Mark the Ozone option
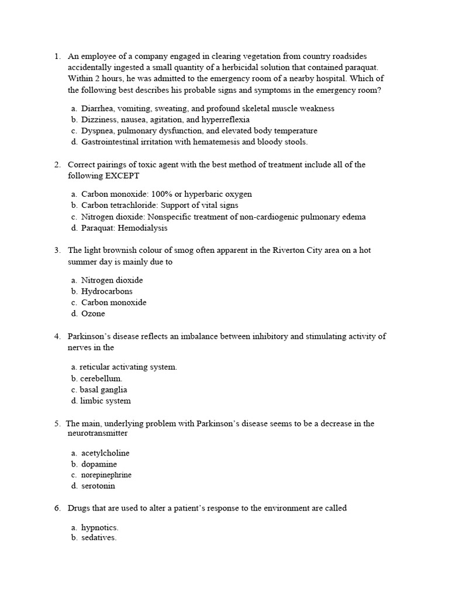click(x=93, y=314)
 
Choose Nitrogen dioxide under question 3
click(x=112, y=280)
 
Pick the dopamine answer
click(x=99, y=464)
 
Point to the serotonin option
click(x=98, y=486)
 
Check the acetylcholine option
click(x=105, y=453)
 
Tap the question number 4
click(x=57, y=336)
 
